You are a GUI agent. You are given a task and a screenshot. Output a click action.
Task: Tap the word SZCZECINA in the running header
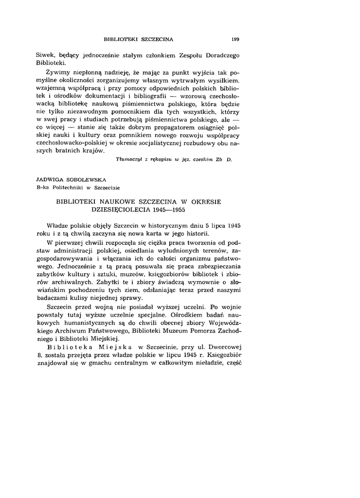157,38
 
